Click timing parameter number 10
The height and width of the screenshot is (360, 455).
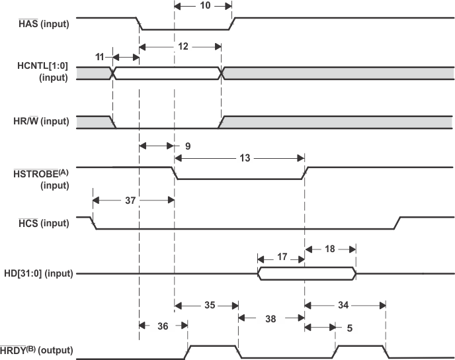tap(204, 5)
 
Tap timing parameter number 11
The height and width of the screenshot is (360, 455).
tap(99, 58)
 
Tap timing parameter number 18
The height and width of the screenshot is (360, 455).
tap(331, 248)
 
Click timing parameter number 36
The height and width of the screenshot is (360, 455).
tap(163, 325)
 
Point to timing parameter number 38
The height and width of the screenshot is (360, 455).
tap(271, 318)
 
